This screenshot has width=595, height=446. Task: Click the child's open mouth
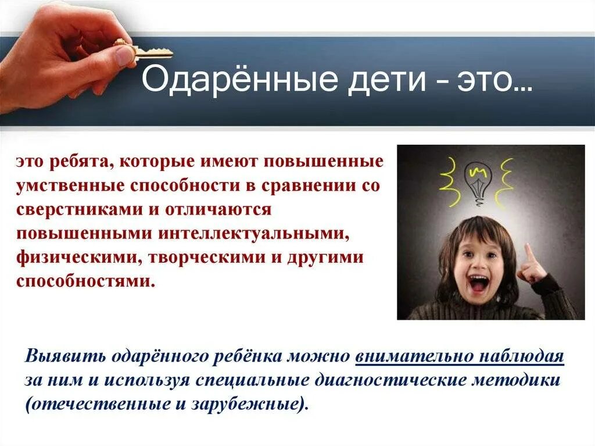[479, 284]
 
